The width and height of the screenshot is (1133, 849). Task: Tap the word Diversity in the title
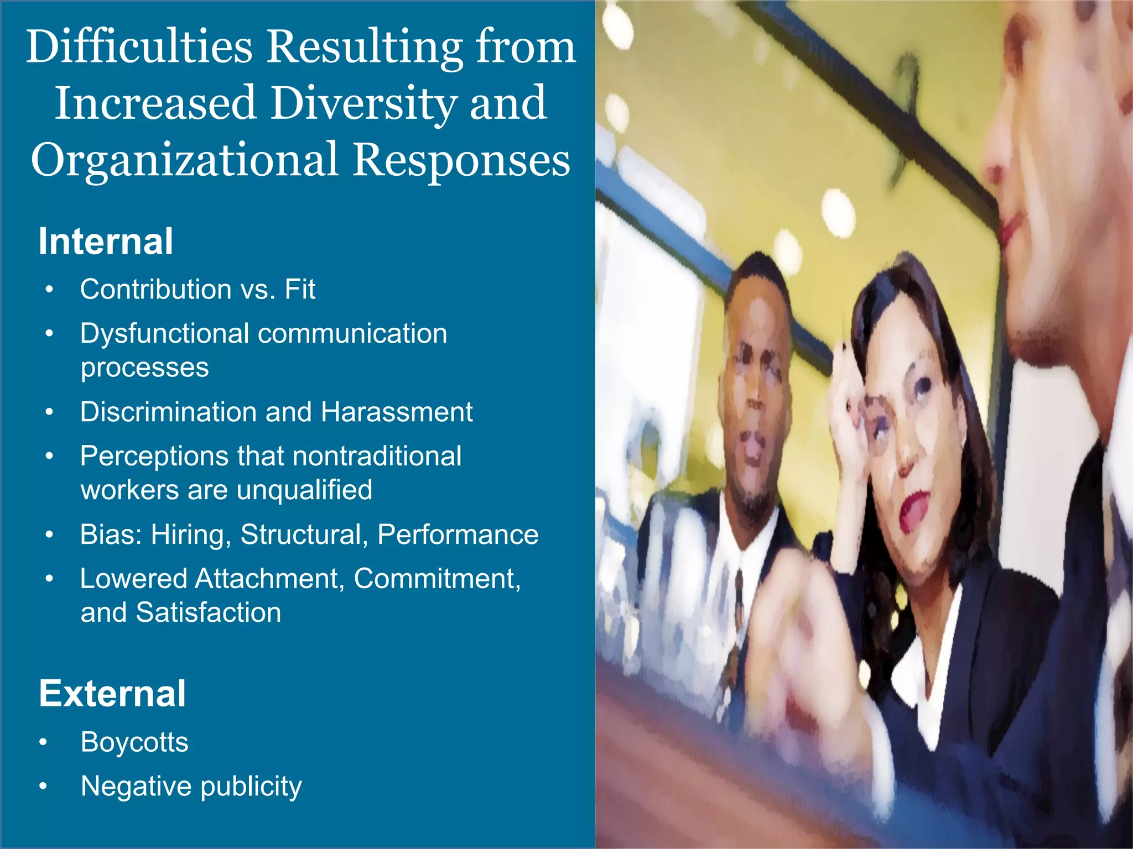tap(363, 103)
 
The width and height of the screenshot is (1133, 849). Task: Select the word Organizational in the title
tap(184, 160)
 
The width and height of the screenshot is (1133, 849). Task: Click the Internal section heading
tap(106, 242)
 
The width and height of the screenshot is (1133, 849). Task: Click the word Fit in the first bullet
tap(300, 289)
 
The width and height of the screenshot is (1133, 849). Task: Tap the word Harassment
tap(397, 412)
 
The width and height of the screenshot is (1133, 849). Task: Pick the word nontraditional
tap(377, 457)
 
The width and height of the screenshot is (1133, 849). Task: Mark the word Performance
tap(458, 534)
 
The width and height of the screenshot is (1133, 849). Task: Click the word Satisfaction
tap(209, 612)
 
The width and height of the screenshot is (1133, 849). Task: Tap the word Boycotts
tap(134, 742)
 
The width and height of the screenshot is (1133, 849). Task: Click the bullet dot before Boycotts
tap(43, 742)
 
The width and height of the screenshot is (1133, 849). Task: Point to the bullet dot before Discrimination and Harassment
tap(50, 412)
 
